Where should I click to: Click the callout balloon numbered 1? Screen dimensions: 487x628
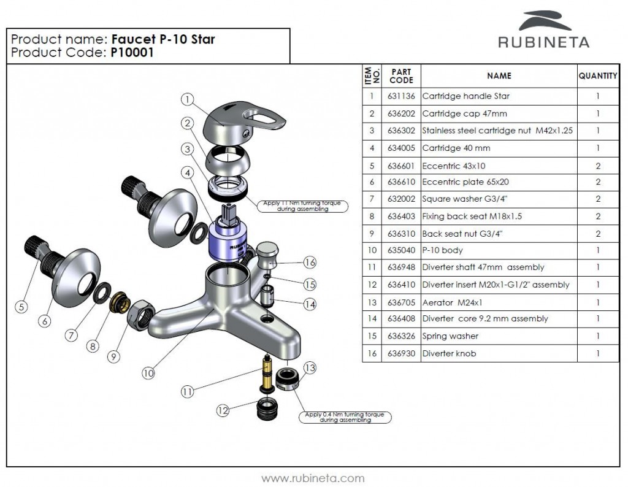point(188,99)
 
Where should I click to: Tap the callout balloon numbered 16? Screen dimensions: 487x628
point(310,263)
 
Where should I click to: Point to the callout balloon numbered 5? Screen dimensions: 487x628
point(22,307)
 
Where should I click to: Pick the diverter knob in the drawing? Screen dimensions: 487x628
point(267,254)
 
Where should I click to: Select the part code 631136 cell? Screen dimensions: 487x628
point(401,96)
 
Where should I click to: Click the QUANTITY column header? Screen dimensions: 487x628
point(597,76)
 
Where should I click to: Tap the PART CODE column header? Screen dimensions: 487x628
point(401,76)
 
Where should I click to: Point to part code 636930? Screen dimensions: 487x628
point(401,353)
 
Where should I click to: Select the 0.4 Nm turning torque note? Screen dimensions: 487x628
point(345,417)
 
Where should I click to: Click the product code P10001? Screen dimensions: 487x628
point(132,53)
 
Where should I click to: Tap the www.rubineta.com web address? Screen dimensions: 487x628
point(313,478)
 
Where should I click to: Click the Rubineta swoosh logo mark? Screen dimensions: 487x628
point(544,21)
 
